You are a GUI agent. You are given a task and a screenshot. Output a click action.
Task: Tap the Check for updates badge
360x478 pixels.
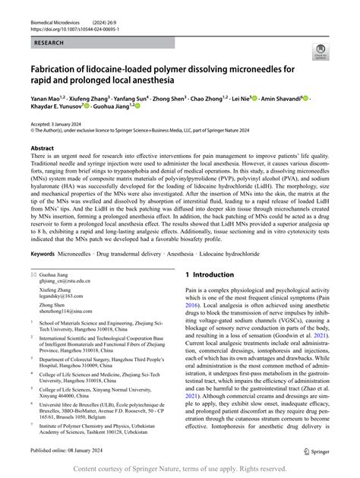(x=322, y=51)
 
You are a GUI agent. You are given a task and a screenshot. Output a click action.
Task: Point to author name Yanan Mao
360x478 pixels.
(x=45, y=99)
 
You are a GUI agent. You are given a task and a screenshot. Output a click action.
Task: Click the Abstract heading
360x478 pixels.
(x=43, y=149)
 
